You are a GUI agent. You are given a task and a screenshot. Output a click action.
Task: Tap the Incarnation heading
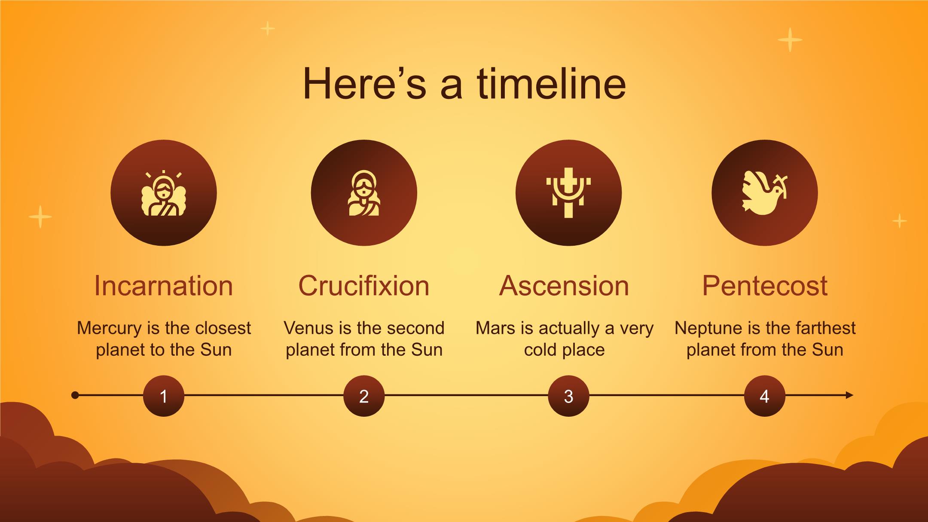(164, 286)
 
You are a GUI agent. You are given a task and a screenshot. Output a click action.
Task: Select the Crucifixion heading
(364, 286)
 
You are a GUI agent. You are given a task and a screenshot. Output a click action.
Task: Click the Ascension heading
(564, 286)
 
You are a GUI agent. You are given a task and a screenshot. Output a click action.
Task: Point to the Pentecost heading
(765, 286)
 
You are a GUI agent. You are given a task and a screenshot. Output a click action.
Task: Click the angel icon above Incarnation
(164, 193)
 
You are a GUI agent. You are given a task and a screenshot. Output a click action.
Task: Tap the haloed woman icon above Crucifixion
(364, 193)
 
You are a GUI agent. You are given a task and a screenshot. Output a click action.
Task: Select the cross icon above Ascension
(568, 193)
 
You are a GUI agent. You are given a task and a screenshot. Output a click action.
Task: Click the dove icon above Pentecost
(765, 192)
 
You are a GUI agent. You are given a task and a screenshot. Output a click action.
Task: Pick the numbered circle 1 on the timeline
(164, 396)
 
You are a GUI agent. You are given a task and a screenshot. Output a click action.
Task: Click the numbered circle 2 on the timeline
(364, 396)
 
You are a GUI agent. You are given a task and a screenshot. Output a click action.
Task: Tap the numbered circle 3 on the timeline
(568, 396)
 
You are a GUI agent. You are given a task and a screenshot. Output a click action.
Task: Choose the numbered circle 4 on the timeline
(765, 396)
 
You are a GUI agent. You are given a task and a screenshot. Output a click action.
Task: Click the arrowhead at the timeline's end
(849, 395)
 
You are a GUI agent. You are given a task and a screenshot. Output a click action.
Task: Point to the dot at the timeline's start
(75, 395)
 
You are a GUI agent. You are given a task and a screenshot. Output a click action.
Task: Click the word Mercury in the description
(109, 329)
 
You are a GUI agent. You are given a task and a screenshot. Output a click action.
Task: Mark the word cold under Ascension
(540, 350)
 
